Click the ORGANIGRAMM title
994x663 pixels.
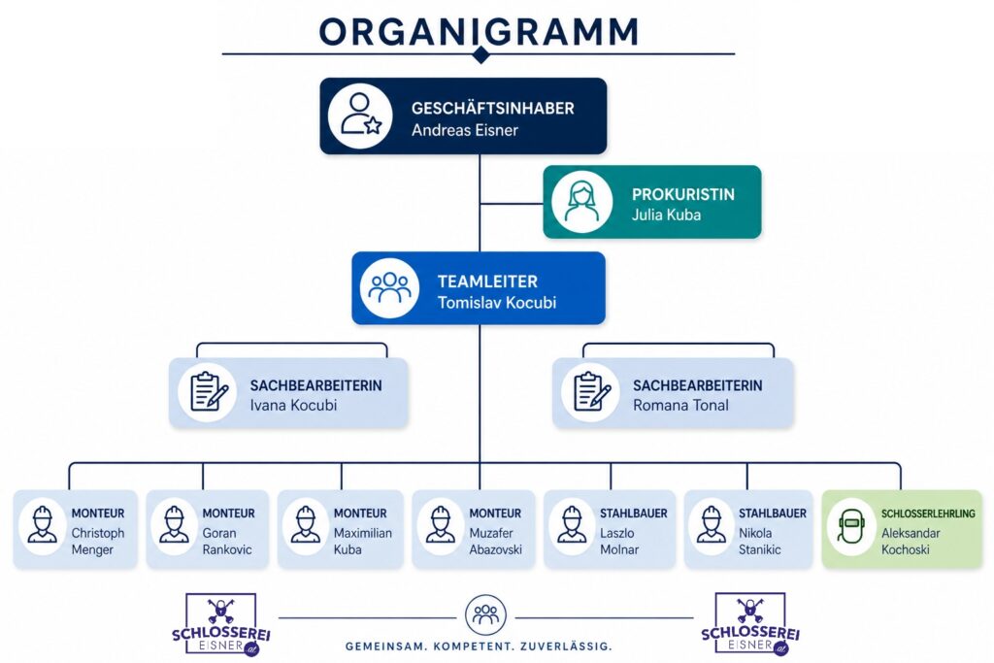479,31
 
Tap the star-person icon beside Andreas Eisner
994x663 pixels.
360,116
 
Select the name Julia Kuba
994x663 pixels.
666,215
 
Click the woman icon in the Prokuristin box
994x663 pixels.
581,202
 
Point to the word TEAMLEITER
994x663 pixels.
487,282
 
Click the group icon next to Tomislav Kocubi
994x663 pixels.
389,287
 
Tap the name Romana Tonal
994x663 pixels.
680,406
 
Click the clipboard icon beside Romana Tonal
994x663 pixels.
592,392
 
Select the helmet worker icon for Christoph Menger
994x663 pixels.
43,526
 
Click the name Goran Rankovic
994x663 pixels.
227,542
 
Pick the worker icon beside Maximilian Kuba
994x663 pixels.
306,526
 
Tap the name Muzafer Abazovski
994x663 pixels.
496,542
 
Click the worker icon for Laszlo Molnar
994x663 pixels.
572,526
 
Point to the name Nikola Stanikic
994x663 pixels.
759,542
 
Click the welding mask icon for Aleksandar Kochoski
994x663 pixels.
850,527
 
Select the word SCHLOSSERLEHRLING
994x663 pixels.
928,514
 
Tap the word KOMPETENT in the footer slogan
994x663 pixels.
476,647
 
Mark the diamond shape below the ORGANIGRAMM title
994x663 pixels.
481,54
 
